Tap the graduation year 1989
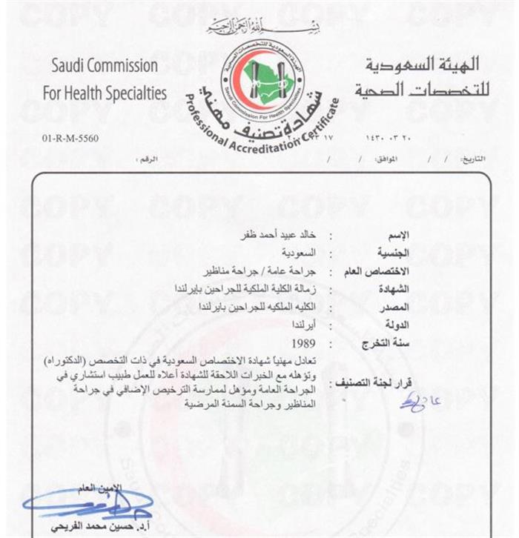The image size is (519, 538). point(304,344)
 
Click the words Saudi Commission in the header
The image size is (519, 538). point(105,65)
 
